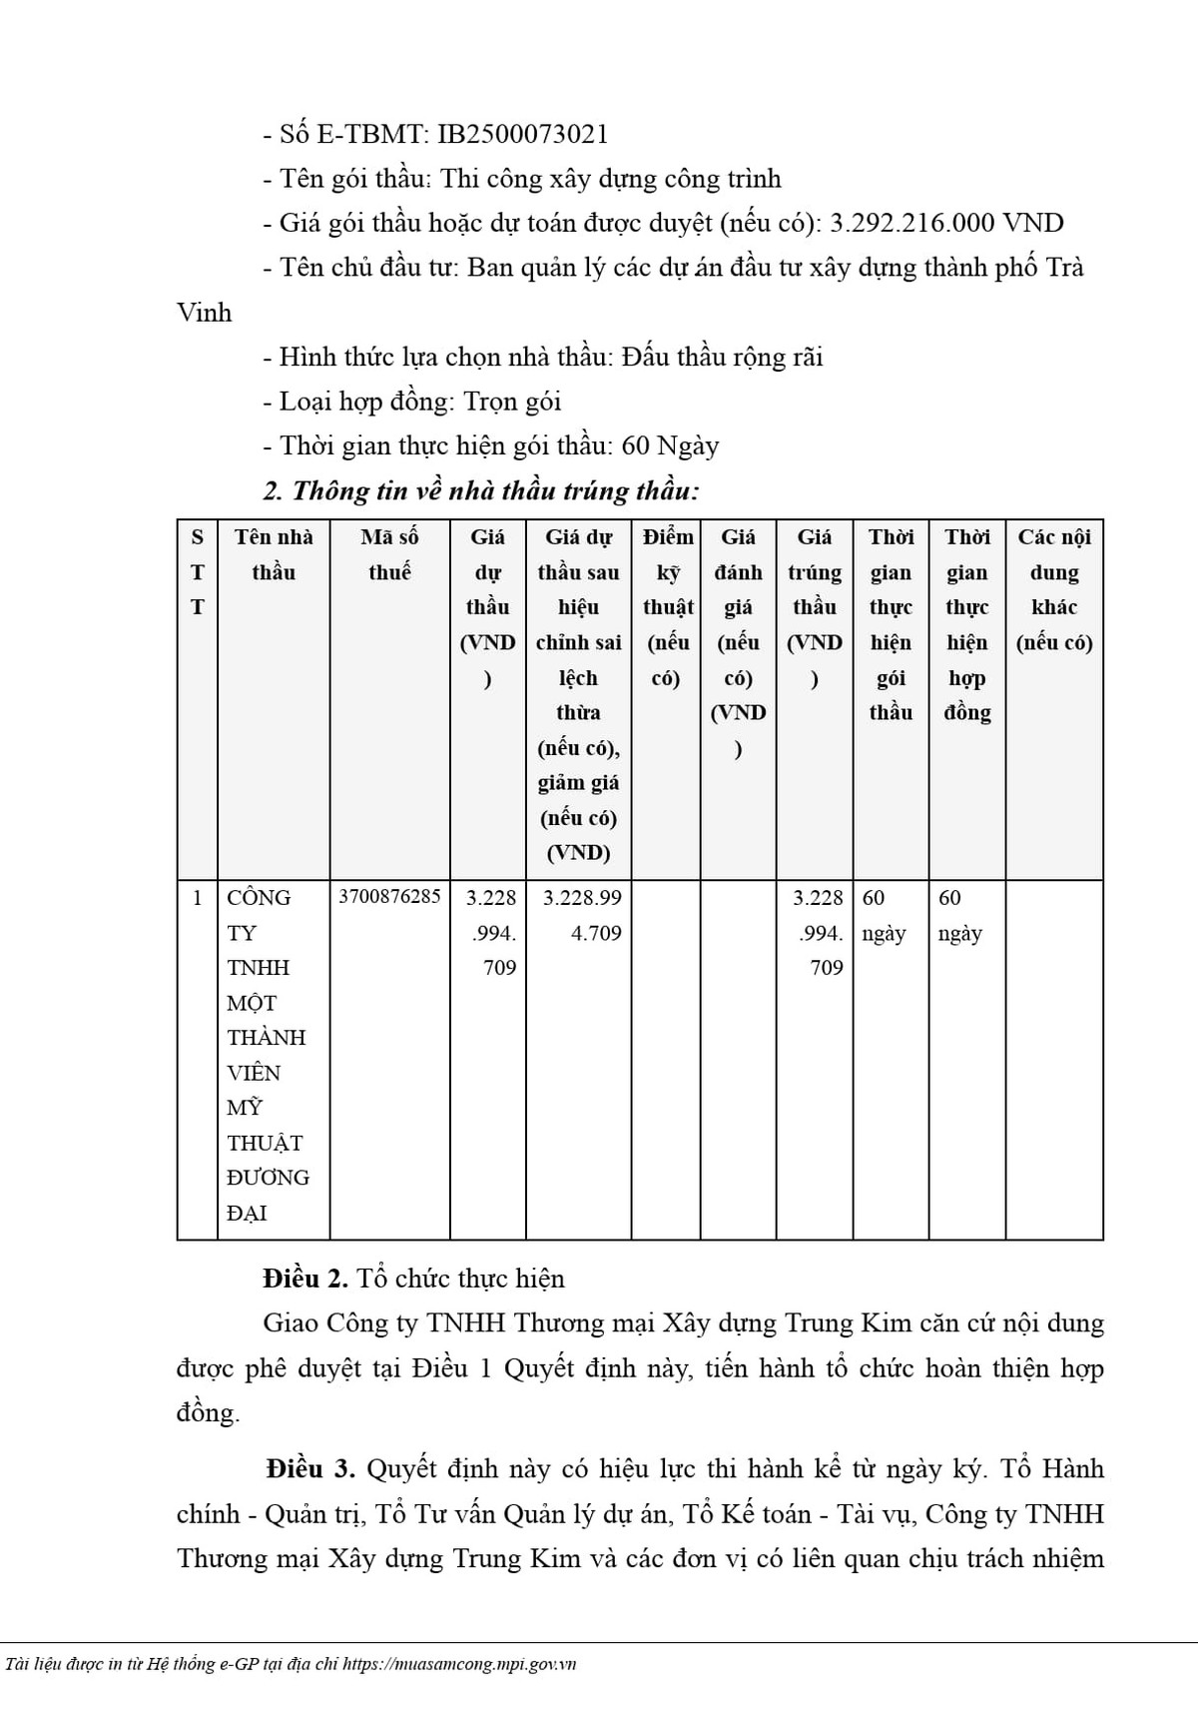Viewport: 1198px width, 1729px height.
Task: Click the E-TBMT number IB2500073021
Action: point(523,134)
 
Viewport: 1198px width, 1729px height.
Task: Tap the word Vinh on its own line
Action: point(204,313)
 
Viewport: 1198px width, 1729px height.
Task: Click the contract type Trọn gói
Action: point(512,402)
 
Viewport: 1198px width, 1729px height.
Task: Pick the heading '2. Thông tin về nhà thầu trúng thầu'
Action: point(480,490)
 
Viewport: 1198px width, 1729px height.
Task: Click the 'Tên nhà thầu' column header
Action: point(274,554)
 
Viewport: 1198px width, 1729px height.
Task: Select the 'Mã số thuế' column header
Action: point(389,554)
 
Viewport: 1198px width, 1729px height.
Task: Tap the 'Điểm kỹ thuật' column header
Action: point(667,606)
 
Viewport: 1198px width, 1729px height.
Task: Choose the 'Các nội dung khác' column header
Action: point(1054,589)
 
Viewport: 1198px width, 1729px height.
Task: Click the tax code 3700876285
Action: point(389,897)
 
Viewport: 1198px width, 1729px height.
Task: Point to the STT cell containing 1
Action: point(197,897)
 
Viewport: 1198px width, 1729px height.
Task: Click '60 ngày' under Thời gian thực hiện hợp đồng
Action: point(960,915)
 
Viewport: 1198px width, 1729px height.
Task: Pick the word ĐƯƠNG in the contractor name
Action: point(268,1178)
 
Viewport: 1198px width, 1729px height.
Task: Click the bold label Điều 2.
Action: point(305,1279)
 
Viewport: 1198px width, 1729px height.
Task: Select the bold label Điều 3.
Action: point(309,1468)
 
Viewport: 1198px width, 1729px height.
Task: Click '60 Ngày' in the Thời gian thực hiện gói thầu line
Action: point(670,445)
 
